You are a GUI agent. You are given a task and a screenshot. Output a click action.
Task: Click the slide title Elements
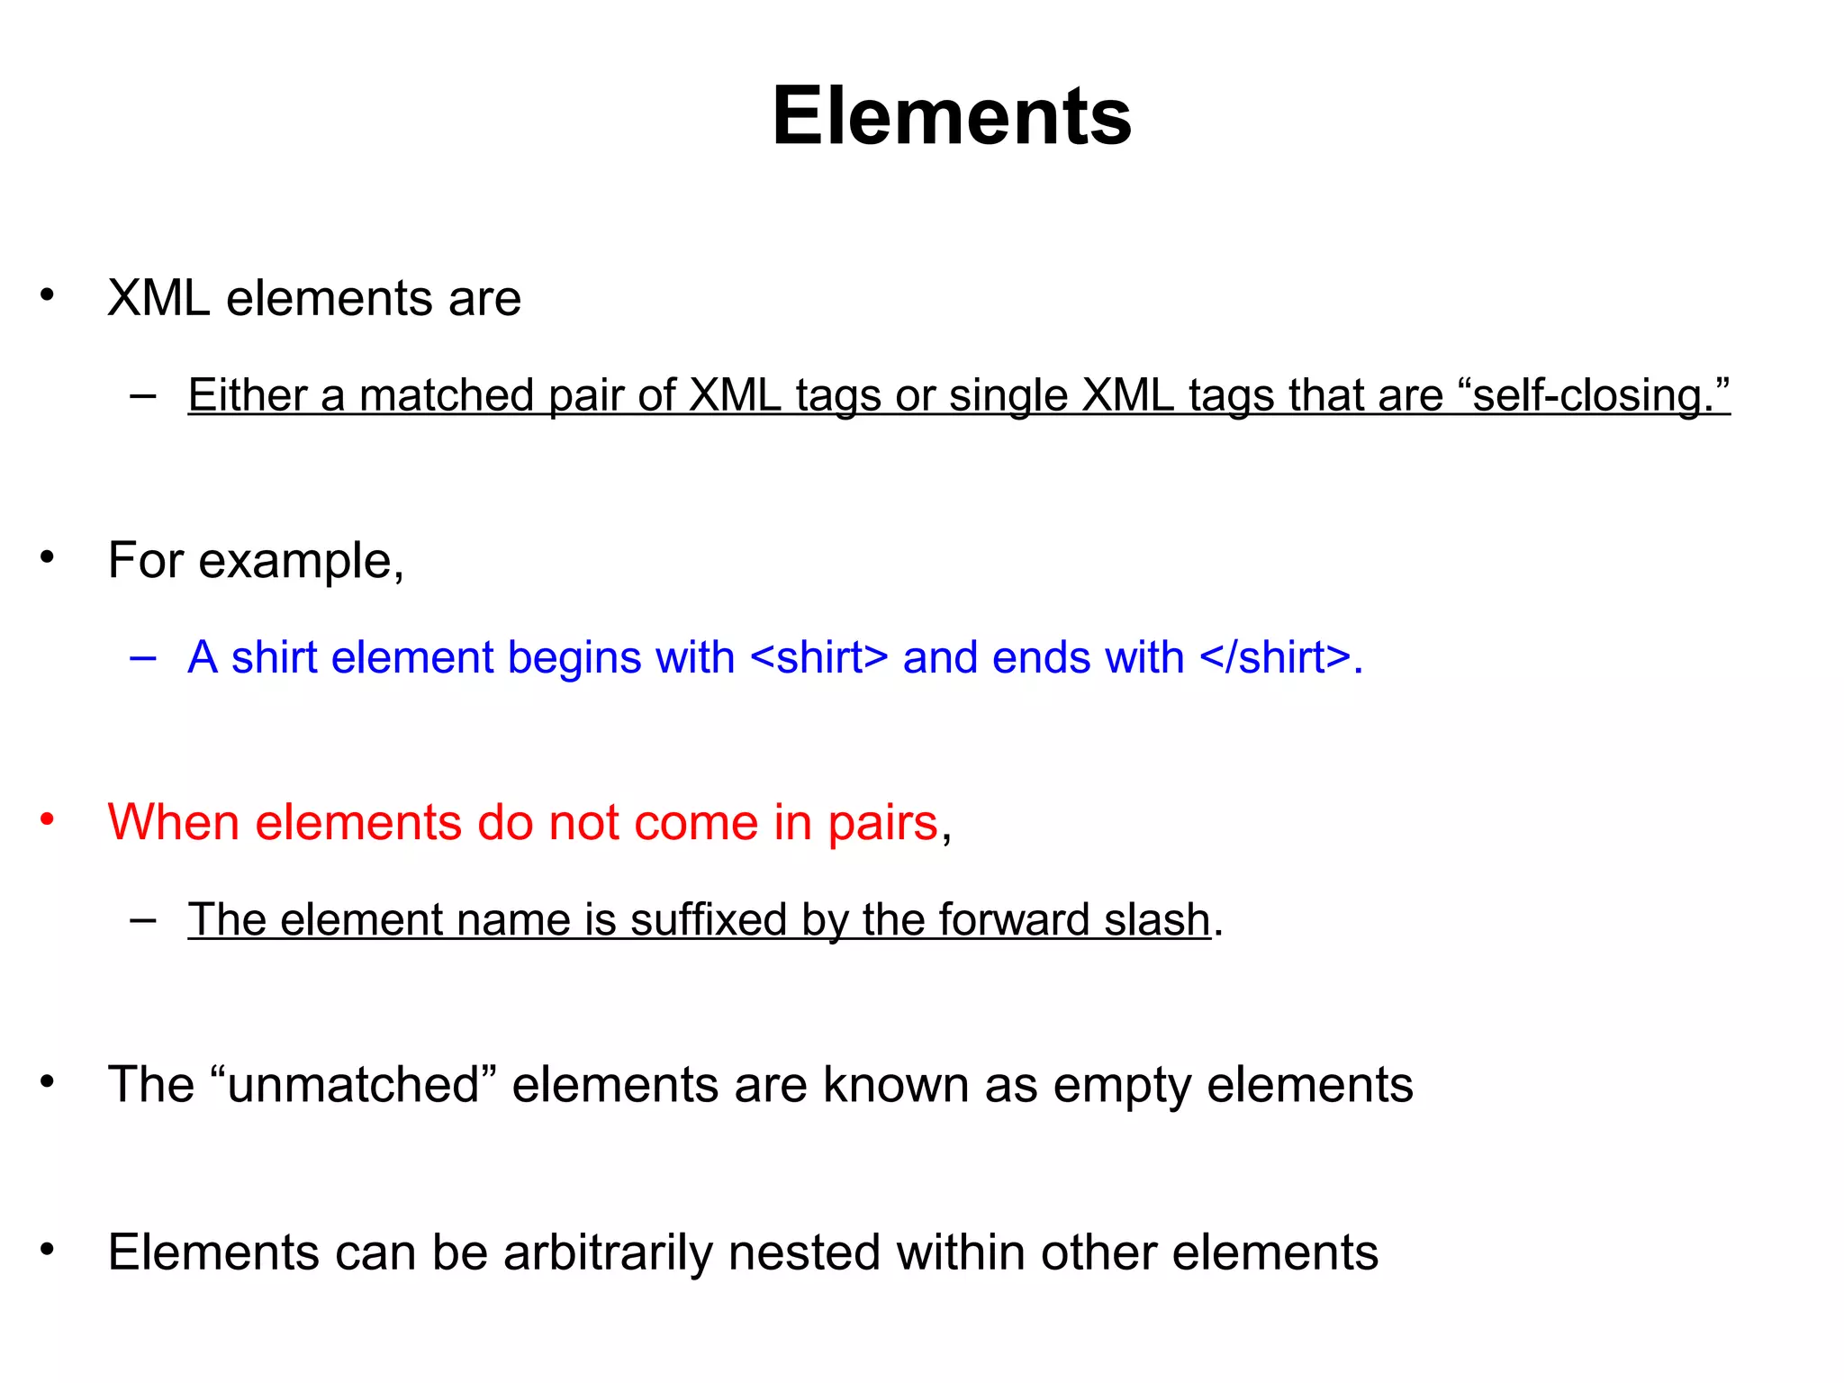tap(951, 117)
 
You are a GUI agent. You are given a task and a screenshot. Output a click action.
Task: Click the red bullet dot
tap(48, 820)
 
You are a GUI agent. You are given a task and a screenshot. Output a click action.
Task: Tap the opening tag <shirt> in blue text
tap(818, 657)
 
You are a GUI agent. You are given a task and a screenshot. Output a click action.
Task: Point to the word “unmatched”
tap(353, 1084)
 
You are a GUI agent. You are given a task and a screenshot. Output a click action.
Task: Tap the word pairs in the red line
tap(882, 824)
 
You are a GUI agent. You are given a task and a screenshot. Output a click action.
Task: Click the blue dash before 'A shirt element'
tap(142, 658)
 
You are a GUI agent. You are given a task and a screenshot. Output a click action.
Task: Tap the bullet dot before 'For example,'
tap(48, 558)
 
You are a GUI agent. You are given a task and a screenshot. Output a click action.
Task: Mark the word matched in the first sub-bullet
tap(447, 395)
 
